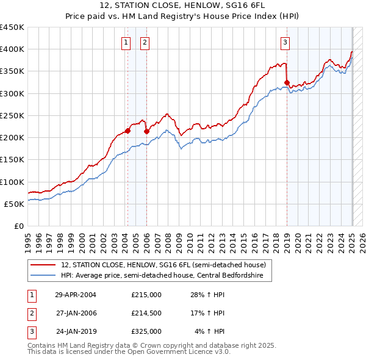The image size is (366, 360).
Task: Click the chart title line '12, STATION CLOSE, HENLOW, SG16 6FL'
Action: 183,7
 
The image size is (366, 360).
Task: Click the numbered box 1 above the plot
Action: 125,42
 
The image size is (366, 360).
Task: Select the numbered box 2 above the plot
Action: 145,42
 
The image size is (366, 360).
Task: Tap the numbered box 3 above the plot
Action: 285,42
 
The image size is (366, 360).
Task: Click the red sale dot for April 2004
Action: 127,131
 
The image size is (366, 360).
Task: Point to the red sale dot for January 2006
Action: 146,131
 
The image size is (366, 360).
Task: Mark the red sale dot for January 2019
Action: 287,82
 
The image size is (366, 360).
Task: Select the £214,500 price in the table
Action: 146,313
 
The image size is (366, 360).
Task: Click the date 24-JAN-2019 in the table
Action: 76,331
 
